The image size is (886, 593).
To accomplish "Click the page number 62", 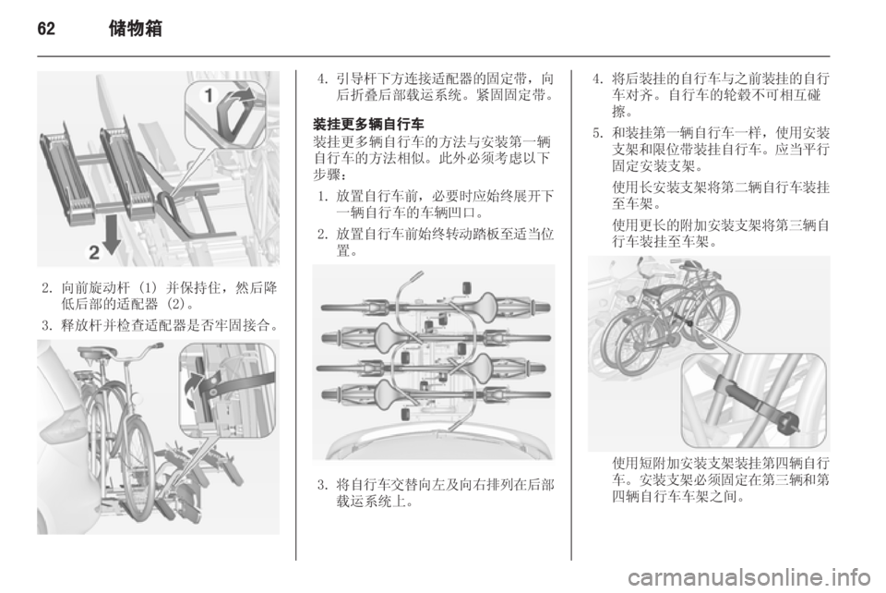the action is pos(46,29).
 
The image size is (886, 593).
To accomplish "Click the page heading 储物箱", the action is pos(135,29).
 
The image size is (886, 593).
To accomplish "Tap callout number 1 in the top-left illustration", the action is pos(208,95).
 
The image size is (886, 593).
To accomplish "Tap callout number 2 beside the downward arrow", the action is pos(94,252).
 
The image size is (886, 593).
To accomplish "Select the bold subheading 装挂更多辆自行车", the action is pos(368,124).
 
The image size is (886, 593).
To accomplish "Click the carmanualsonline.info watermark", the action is pos(748,577).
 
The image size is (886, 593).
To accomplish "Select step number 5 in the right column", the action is pos(598,133).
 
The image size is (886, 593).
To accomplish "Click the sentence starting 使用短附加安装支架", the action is pos(721,480).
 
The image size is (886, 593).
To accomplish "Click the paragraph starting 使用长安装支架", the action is pos(721,195).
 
